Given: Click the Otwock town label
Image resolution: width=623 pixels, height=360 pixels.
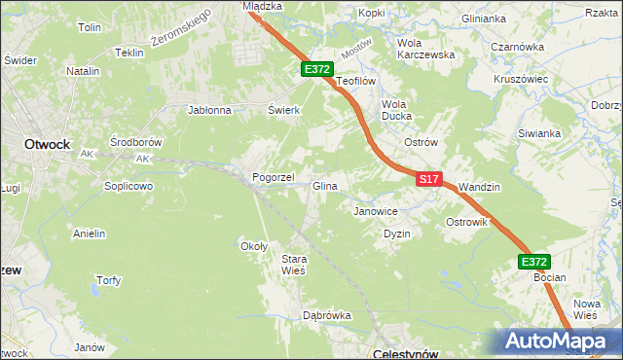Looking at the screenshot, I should [47, 143].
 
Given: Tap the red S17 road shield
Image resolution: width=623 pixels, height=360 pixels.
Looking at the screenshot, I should [430, 180].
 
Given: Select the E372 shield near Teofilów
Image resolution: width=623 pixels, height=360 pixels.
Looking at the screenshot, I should [317, 70].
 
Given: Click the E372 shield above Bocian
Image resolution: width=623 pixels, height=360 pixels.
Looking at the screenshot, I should [533, 262].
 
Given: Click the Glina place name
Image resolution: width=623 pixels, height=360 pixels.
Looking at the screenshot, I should [324, 186].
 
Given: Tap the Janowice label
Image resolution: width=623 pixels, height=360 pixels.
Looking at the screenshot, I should [376, 210].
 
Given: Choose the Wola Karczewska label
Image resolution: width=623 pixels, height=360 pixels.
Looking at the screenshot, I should [426, 49].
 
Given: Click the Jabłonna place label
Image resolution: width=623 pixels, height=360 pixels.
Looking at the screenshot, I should [209, 110].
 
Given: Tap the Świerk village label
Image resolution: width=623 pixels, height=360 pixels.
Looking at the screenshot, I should [283, 110].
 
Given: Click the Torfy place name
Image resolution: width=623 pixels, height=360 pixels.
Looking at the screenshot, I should [108, 280].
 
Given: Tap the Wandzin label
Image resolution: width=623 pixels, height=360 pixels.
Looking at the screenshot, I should [478, 186].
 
